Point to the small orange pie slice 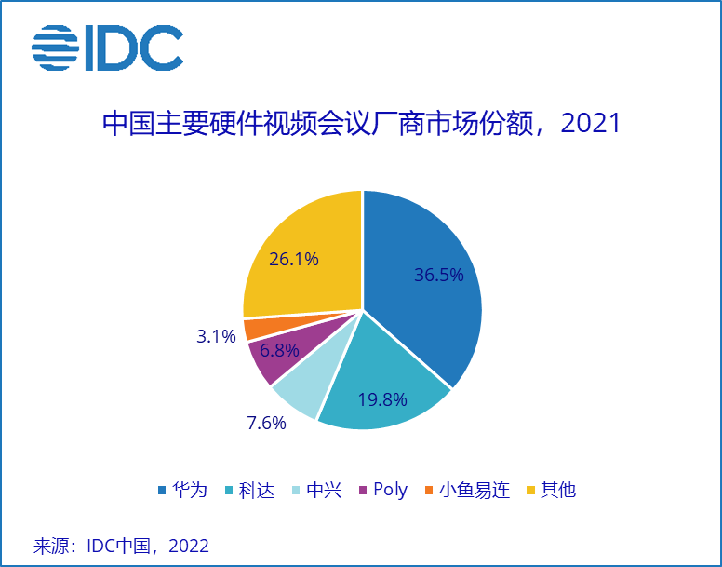tap(256, 329)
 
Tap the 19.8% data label tap(382, 400)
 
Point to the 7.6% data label tap(266, 423)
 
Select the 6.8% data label tap(279, 351)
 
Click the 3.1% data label tap(216, 336)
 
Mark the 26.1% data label tap(293, 259)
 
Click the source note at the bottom tap(121, 546)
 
